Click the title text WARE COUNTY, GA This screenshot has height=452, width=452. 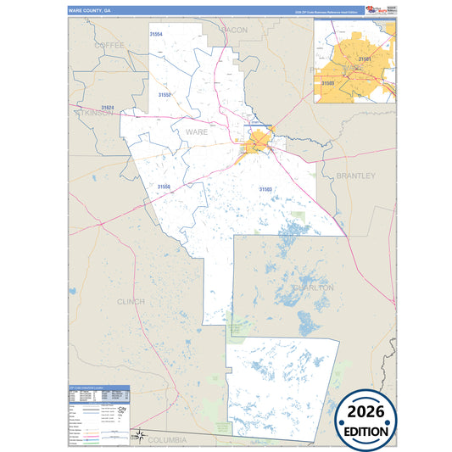(89, 10)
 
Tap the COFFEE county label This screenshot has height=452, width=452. (110, 44)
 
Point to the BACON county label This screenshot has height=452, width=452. (234, 30)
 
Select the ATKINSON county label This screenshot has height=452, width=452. (94, 114)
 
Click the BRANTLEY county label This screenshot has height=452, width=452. (354, 176)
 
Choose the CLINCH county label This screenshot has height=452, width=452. (131, 301)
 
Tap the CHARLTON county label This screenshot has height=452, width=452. (313, 287)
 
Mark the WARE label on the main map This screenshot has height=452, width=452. (196, 132)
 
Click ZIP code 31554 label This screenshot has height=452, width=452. (156, 33)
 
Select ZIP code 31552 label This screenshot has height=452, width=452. (164, 95)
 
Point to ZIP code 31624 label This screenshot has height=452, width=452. (107, 107)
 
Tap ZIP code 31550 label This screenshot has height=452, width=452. (163, 186)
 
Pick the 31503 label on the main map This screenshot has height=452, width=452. (265, 188)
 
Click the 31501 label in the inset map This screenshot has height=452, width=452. (365, 59)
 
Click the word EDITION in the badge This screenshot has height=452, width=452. (366, 431)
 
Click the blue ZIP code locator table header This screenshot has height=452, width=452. (98, 389)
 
